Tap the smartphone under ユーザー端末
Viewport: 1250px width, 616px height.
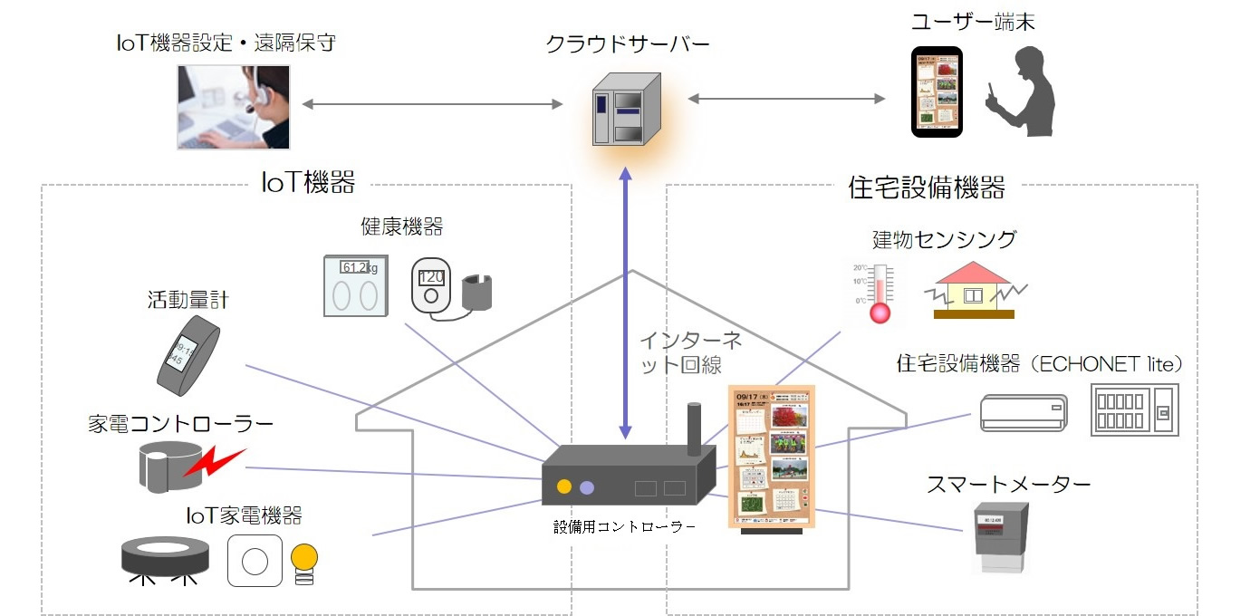tap(937, 92)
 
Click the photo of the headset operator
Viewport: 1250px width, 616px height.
tap(234, 106)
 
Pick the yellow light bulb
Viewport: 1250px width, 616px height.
tap(305, 560)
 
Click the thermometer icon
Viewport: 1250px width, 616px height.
tap(879, 291)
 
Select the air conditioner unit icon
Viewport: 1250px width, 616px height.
tap(1024, 412)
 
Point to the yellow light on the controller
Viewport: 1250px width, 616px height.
tap(563, 486)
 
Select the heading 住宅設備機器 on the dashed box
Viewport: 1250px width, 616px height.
tap(927, 188)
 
